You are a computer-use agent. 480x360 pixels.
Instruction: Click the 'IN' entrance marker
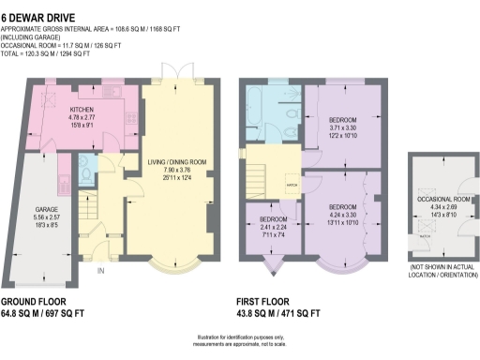pyautogui.click(x=100, y=272)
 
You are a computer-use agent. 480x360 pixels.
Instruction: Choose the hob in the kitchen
pyautogui.click(x=127, y=120)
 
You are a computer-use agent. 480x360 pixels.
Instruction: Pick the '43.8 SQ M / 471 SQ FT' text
pyautogui.click(x=283, y=314)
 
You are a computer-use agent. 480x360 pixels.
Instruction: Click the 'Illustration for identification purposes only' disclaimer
pyautogui.click(x=240, y=337)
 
